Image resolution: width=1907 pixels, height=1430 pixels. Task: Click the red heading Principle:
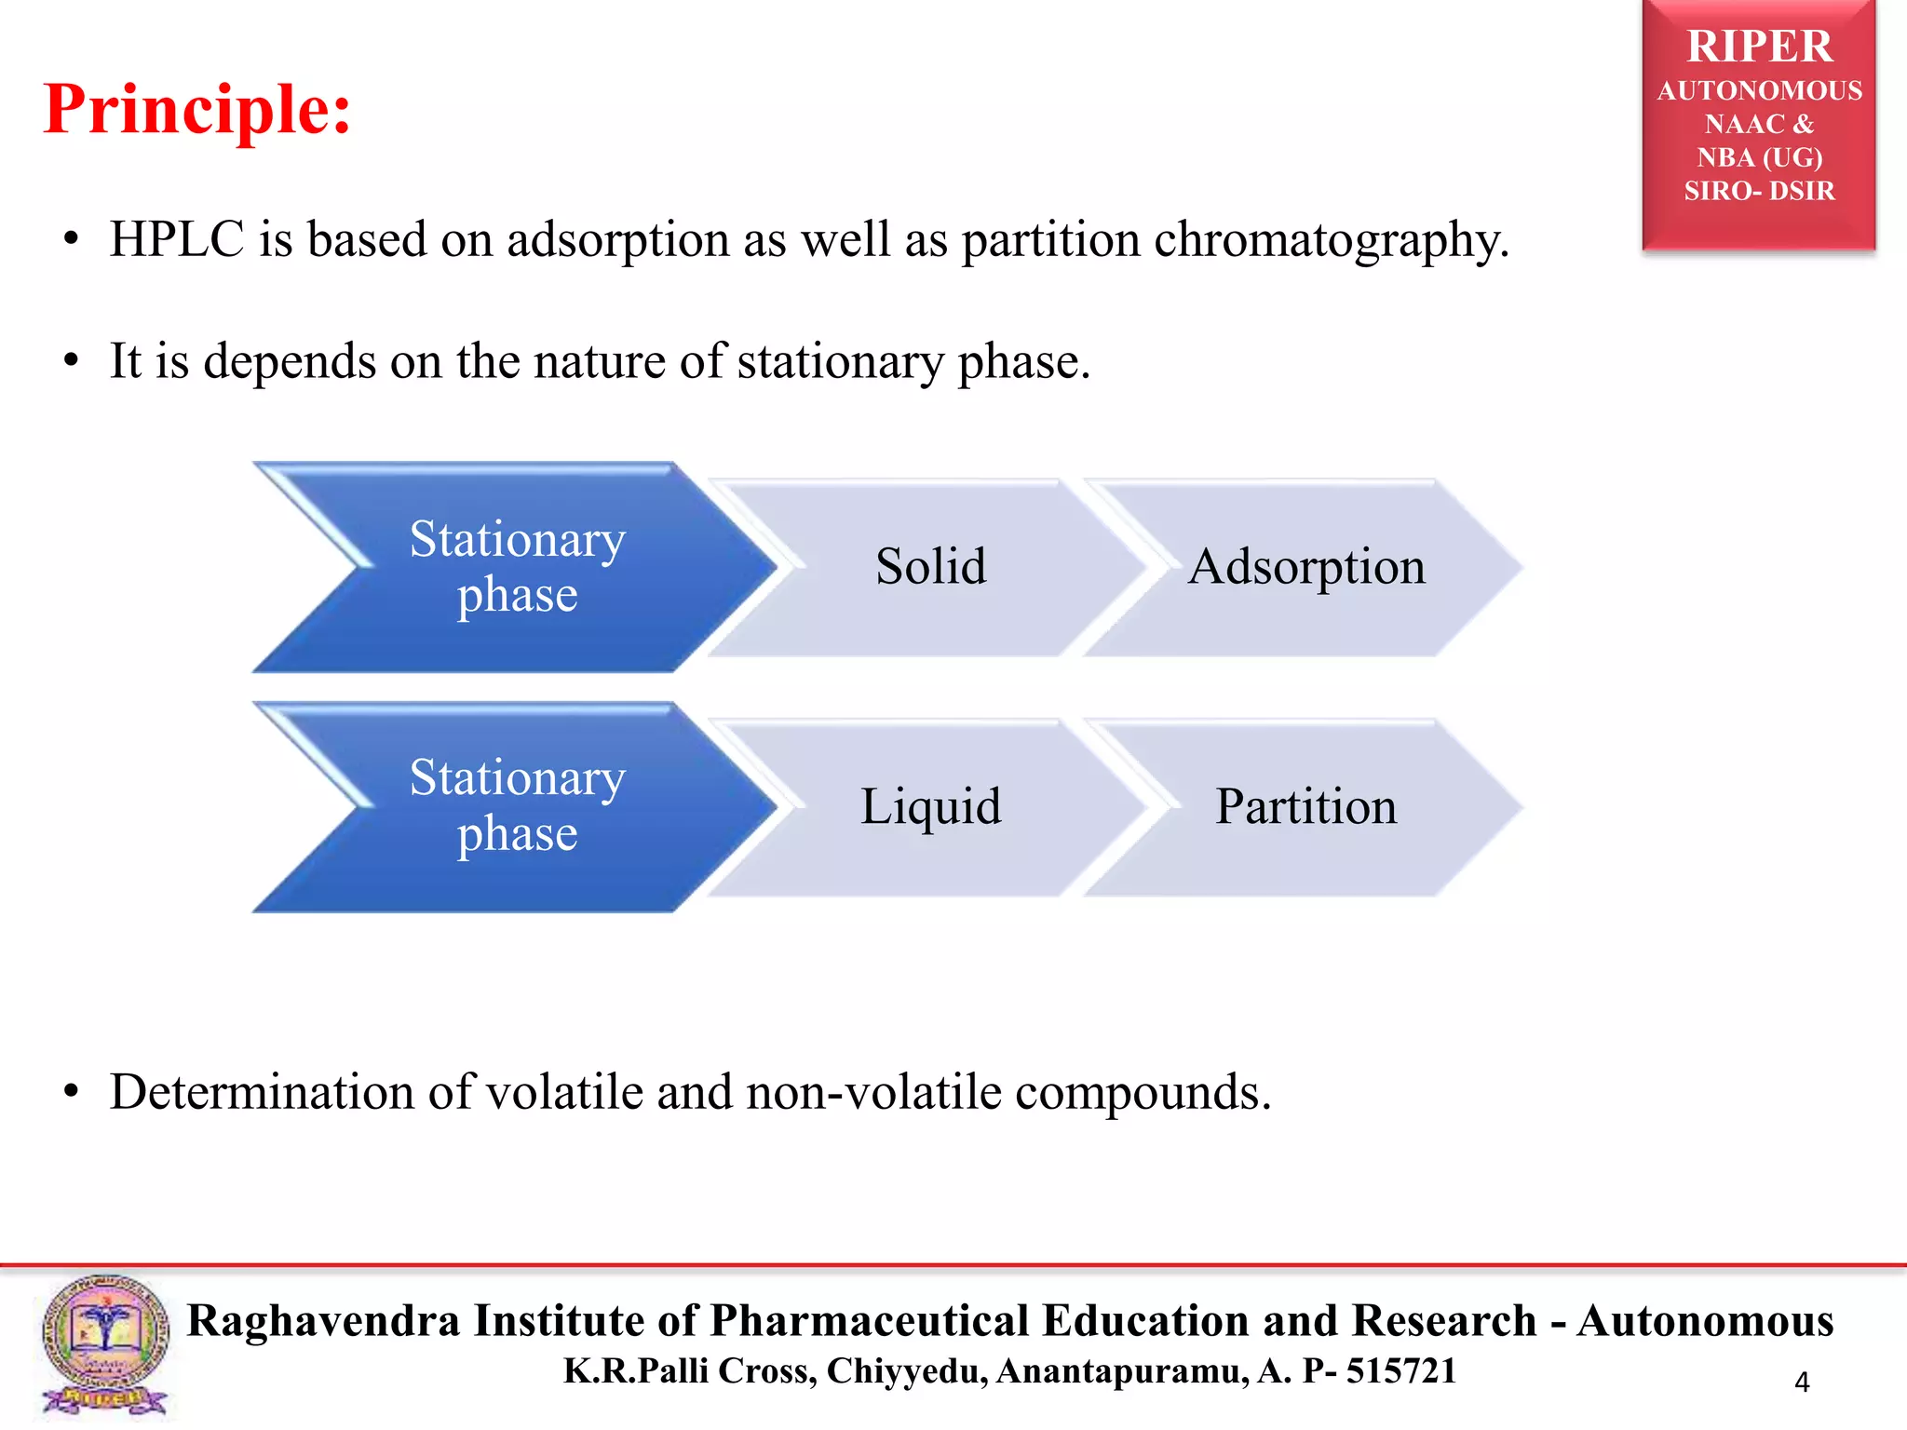pyautogui.click(x=197, y=110)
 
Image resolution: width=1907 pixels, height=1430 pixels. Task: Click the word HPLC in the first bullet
pyautogui.click(x=177, y=239)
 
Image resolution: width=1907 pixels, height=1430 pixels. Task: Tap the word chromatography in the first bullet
pyautogui.click(x=1328, y=240)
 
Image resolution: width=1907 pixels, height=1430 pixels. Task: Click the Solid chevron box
pyautogui.click(x=930, y=567)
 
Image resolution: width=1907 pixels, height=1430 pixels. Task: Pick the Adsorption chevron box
pyautogui.click(x=1306, y=567)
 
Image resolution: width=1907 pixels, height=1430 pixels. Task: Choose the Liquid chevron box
pyautogui.click(x=930, y=806)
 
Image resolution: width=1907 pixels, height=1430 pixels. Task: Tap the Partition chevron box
pyautogui.click(x=1306, y=806)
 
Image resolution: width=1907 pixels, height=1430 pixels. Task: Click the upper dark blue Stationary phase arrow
pyautogui.click(x=517, y=566)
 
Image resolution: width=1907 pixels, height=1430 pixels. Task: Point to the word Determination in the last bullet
pyautogui.click(x=262, y=1092)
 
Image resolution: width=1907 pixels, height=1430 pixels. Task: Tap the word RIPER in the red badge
pyautogui.click(x=1759, y=47)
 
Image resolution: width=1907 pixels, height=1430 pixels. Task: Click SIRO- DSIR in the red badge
pyautogui.click(x=1759, y=191)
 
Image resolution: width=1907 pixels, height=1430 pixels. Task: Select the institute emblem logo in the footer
pyautogui.click(x=104, y=1345)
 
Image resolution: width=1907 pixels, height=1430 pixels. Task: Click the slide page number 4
pyautogui.click(x=1802, y=1383)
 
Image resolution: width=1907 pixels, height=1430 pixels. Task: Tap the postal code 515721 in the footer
pyautogui.click(x=1401, y=1371)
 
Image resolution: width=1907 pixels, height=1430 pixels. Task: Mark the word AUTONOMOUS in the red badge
pyautogui.click(x=1759, y=91)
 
